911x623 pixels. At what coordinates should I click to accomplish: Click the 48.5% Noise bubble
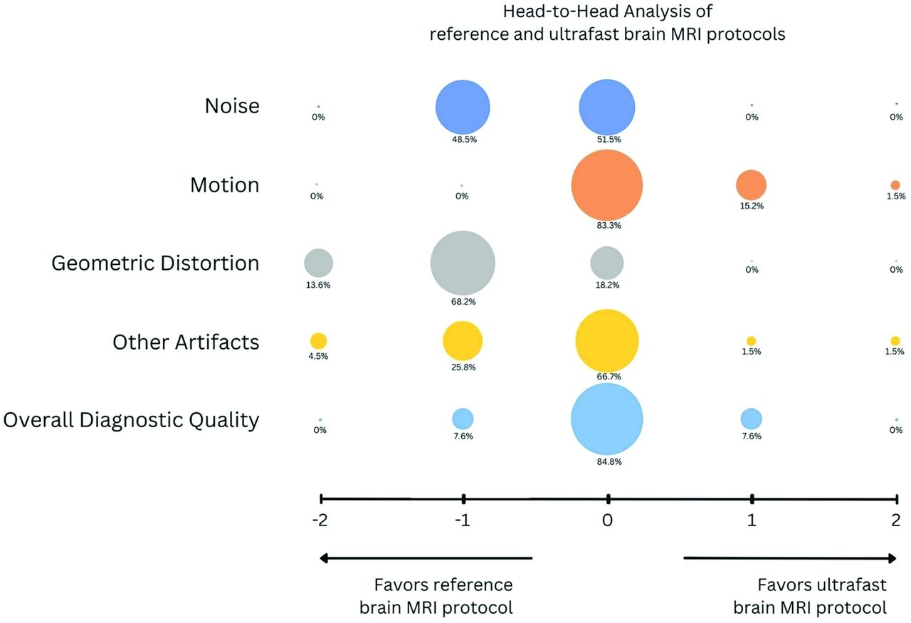tap(463, 107)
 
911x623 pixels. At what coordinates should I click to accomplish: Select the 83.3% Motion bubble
tap(607, 185)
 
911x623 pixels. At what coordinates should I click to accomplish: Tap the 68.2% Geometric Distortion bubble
tap(463, 263)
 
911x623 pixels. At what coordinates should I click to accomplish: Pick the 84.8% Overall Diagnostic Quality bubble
tap(607, 419)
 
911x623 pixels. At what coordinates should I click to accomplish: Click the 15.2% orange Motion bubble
tap(751, 185)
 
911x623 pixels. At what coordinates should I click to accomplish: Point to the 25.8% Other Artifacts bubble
tap(463, 341)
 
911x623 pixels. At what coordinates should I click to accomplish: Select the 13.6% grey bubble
tap(318, 263)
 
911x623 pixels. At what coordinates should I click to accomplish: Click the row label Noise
tap(232, 106)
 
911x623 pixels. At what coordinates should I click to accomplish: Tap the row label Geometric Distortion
tap(155, 263)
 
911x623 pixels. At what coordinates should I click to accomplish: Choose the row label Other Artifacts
tap(186, 342)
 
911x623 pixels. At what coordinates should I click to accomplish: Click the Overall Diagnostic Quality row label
tap(132, 420)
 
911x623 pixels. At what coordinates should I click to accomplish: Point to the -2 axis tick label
tap(320, 520)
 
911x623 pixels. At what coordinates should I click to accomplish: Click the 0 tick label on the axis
tap(607, 520)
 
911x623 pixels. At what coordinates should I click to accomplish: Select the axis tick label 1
tap(752, 520)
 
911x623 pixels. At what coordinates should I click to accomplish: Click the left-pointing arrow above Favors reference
tap(426, 558)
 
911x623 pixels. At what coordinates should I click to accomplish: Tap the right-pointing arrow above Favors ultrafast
tap(790, 558)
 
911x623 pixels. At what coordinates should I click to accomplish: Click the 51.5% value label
tap(609, 139)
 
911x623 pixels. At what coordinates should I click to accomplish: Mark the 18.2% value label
tap(607, 285)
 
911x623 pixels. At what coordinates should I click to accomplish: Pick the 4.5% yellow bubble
tap(318, 341)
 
